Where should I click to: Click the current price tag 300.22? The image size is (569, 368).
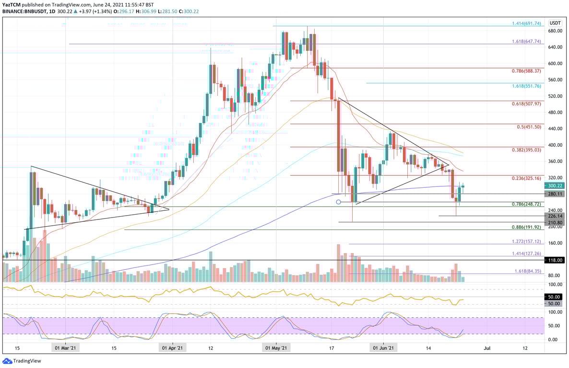coord(556,185)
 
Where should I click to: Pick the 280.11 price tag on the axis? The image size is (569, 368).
coord(556,194)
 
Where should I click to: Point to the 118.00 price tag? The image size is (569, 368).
coord(556,260)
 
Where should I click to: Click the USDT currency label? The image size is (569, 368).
coord(556,23)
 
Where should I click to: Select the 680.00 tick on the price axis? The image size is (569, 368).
coord(555,31)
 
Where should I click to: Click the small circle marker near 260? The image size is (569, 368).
coord(338,202)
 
